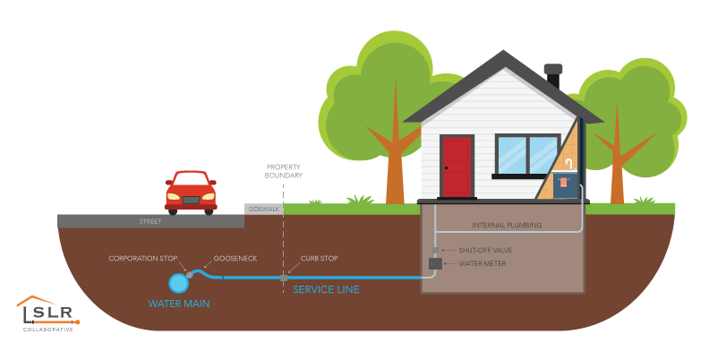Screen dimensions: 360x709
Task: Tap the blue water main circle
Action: click(179, 283)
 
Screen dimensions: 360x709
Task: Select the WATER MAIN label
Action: click(179, 304)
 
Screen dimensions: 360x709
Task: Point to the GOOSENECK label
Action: click(235, 258)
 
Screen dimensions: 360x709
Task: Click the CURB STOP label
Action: click(320, 258)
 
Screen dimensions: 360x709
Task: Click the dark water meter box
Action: click(436, 263)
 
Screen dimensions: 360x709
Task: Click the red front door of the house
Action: click(457, 167)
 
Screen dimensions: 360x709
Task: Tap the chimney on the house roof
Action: click(553, 77)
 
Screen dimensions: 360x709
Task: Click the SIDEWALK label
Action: click(264, 209)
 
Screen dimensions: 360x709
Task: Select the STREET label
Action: click(150, 220)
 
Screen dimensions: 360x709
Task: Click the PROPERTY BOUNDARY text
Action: click(284, 171)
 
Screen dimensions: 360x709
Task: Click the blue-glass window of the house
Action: click(527, 155)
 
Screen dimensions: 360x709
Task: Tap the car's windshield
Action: click(191, 179)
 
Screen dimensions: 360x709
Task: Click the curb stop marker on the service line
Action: click(284, 277)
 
